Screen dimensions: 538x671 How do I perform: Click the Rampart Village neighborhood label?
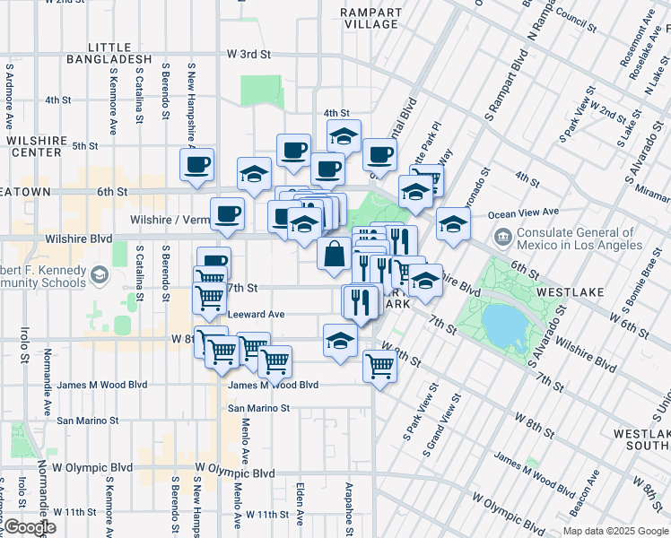[370, 18]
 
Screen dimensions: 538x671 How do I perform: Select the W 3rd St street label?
[248, 54]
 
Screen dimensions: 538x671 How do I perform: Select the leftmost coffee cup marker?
[197, 164]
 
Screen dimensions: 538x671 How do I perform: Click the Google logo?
[29, 528]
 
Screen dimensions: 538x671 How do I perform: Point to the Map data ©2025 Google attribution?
[615, 531]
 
